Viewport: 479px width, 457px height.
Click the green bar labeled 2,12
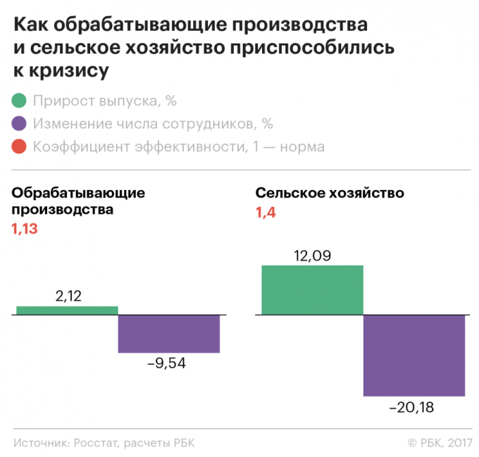pos(67,310)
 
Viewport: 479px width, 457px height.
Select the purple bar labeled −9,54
pos(168,333)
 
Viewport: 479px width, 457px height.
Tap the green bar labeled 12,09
pos(312,289)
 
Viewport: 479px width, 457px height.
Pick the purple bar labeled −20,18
pos(414,355)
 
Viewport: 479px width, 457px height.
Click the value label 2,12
pos(68,296)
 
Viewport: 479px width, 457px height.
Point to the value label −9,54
pos(166,364)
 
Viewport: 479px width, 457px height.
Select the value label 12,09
pos(311,255)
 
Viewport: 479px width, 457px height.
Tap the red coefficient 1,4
pos(266,212)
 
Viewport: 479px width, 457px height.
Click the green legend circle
pos(20,101)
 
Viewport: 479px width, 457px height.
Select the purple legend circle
pos(20,124)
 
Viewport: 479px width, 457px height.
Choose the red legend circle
pos(20,147)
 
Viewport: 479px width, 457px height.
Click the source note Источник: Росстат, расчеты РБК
pos(103,442)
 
